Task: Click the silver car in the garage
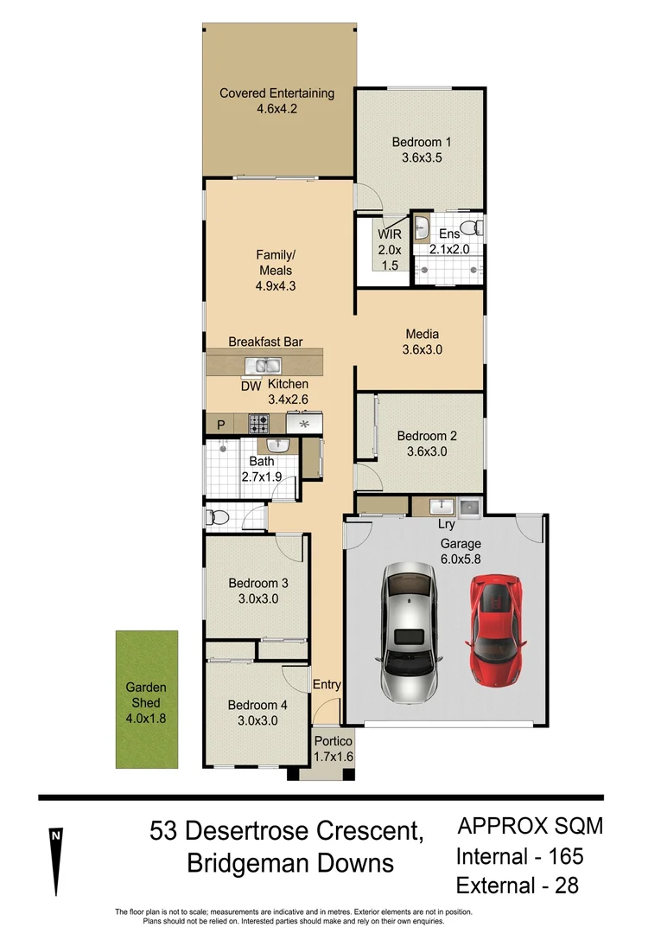point(409,624)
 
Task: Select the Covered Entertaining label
point(276,93)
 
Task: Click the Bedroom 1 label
point(422,142)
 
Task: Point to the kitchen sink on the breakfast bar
point(261,365)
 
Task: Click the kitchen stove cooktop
point(258,424)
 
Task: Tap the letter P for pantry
point(220,425)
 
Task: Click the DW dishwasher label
point(251,387)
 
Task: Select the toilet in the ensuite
point(471,228)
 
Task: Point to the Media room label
point(422,334)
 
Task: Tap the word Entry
point(327,684)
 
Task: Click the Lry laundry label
point(446,524)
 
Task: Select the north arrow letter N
point(55,835)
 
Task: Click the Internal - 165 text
point(519,857)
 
